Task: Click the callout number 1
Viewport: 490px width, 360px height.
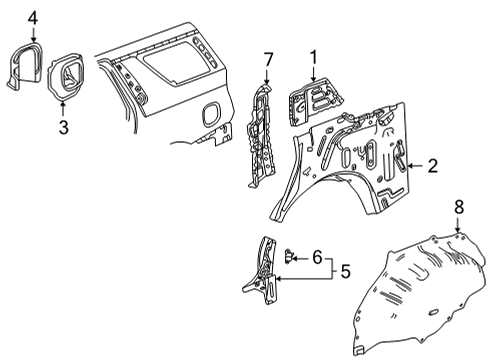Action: click(314, 57)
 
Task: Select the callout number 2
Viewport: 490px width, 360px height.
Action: click(432, 166)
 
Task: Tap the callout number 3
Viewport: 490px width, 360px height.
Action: click(64, 127)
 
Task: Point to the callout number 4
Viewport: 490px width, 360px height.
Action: click(33, 18)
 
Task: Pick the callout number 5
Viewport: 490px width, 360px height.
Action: click(346, 271)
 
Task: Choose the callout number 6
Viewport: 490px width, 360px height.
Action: click(317, 257)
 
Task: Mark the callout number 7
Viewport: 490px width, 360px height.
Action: click(268, 60)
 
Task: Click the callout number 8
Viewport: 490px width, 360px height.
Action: click(459, 207)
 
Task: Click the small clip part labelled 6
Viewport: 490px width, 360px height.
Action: click(288, 256)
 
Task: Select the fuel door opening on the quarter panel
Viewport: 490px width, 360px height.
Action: click(211, 114)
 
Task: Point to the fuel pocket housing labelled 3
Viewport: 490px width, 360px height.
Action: click(66, 76)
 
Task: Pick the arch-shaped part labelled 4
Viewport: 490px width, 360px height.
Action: click(26, 65)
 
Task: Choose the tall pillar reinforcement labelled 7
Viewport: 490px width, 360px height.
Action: click(261, 137)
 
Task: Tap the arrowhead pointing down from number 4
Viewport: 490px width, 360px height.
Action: click(33, 39)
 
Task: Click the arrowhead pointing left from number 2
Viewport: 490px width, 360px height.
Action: click(411, 166)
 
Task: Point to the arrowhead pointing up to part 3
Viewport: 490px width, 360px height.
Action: click(63, 103)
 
